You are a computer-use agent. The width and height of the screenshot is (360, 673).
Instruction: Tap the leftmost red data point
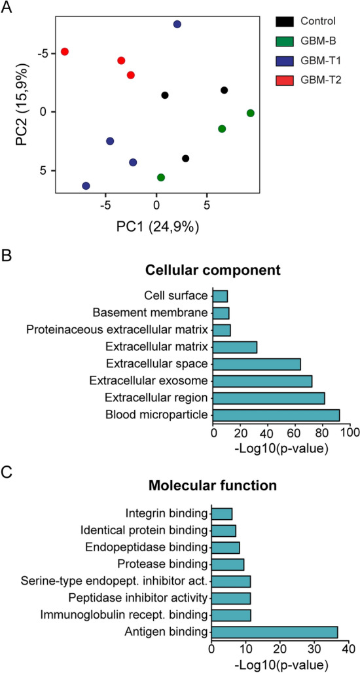[x=64, y=51]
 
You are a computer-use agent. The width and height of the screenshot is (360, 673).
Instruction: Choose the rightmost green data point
[x=250, y=113]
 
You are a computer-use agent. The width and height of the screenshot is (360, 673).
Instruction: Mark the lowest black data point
[x=186, y=158]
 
